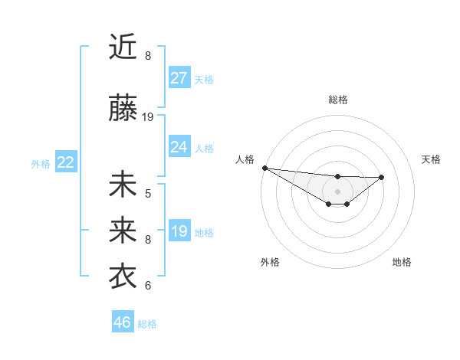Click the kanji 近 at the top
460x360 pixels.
pos(123,47)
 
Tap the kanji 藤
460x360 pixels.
pos(123,108)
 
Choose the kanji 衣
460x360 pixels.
pos(123,277)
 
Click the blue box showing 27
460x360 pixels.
pos(179,78)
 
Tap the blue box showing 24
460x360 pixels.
pos(179,147)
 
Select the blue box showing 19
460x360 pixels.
pos(179,231)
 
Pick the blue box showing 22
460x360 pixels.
pos(65,162)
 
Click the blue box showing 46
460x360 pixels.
pos(123,322)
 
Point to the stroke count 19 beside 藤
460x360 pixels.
pos(149,117)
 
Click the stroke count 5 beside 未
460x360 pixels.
pos(148,193)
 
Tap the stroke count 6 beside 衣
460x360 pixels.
pos(148,286)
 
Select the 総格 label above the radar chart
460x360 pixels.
pos(338,100)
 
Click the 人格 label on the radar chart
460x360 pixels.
pos(245,159)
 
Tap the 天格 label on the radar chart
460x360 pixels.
pos(431,159)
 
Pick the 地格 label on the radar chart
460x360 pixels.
pos(402,262)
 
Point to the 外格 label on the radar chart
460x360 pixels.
pos(270,262)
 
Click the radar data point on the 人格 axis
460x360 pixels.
pos(264,168)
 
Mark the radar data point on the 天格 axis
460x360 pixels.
pos(382,177)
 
